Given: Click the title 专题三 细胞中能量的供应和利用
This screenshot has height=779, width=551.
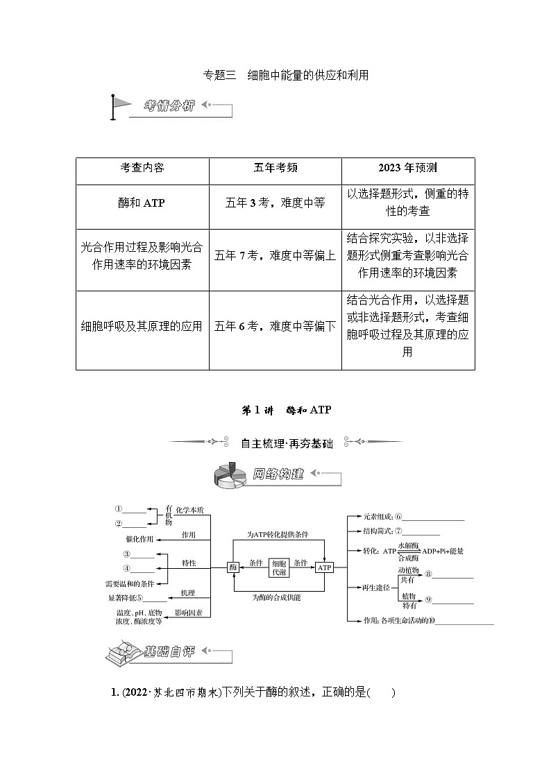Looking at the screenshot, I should (x=275, y=76).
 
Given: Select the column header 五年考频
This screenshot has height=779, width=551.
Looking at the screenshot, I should (x=275, y=168).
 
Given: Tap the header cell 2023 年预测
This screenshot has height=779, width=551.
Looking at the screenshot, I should (x=407, y=168).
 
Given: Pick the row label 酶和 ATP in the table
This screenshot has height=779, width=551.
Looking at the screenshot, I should (x=142, y=203).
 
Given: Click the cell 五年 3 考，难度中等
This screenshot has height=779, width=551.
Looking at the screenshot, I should (x=275, y=203).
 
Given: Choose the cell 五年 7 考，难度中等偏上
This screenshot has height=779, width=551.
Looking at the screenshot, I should (x=275, y=255).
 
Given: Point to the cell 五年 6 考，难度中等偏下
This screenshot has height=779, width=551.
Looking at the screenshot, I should (x=275, y=326).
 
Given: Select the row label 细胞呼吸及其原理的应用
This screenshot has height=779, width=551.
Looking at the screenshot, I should (x=142, y=326).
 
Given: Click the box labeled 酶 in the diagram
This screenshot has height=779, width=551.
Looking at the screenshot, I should (x=233, y=567).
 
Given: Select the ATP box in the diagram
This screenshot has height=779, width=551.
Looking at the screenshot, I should (x=324, y=567).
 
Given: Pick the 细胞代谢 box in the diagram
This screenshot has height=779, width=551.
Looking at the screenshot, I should (x=278, y=567).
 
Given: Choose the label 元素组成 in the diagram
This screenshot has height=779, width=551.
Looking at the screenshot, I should (x=378, y=516).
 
